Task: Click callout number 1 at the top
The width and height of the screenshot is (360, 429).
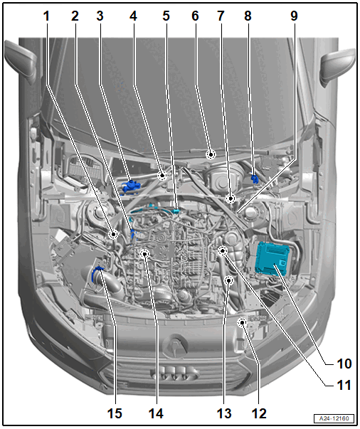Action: coord(46,16)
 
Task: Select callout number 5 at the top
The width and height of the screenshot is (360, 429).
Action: coord(166,16)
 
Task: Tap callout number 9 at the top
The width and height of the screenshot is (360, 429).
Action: coord(294,16)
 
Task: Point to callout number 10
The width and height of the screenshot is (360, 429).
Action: coord(344,364)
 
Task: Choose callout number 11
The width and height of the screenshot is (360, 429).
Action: coord(344,385)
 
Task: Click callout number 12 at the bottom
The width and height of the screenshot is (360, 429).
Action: coord(259,413)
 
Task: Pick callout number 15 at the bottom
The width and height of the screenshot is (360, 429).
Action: coord(115,413)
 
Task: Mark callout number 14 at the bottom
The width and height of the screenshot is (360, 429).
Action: coord(156,413)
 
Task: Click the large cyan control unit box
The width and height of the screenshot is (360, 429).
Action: coord(272,258)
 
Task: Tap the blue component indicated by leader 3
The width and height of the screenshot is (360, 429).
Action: coord(132,186)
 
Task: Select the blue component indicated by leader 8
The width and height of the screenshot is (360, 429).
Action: coord(255,179)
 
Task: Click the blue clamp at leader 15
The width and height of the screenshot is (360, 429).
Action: coord(97,275)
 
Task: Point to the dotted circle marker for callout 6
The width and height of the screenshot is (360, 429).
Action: coord(211,154)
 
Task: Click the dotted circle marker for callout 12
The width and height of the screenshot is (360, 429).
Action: coord(243,323)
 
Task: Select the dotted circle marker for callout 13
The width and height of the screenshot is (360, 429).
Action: coord(228,280)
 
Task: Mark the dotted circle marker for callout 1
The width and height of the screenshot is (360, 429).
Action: coord(113,234)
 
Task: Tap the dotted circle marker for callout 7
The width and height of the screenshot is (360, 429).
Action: coord(231,198)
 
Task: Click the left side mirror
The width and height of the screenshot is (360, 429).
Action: coord(21,62)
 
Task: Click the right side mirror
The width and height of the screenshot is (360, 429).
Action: coord(338,67)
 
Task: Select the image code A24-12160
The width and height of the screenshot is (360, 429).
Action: coord(334,418)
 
